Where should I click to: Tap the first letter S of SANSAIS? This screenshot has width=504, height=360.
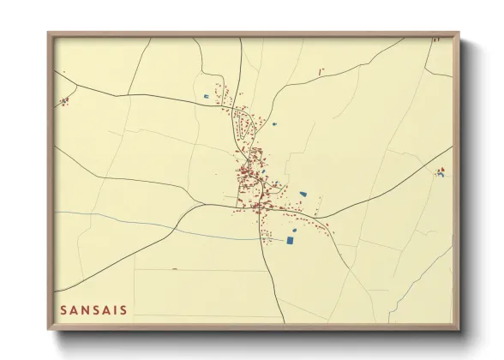[x=63, y=310]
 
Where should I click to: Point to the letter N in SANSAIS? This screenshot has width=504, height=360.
[x=86, y=310]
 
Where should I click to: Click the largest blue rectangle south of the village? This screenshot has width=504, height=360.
[x=289, y=240]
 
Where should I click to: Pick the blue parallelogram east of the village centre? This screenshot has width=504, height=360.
[x=302, y=195]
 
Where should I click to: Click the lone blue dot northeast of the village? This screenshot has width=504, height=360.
[x=274, y=124]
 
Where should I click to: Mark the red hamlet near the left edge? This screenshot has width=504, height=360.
[x=63, y=101]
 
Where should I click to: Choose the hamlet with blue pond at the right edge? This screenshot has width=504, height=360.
[x=441, y=171]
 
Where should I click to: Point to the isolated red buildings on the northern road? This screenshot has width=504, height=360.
[x=321, y=70]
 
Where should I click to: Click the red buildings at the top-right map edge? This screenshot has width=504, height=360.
[x=435, y=39]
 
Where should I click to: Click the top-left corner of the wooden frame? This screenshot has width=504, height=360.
[x=48, y=33]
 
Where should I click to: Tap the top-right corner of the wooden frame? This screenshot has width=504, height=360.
[x=459, y=33]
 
